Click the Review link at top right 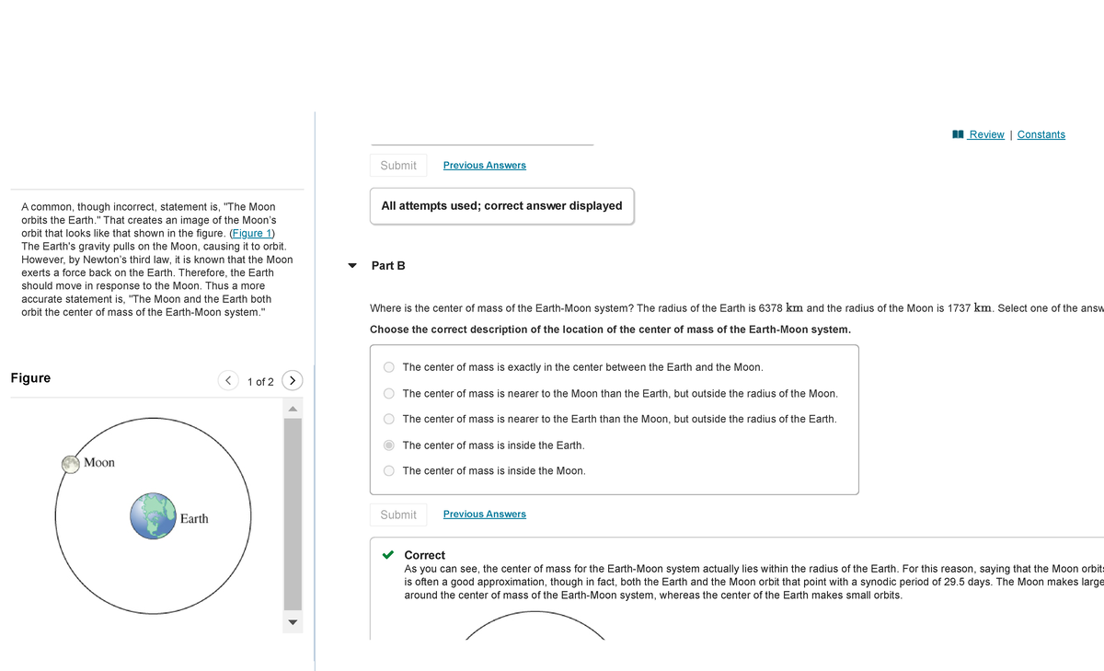(x=985, y=134)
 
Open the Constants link (x=1041, y=134)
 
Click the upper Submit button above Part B (x=398, y=166)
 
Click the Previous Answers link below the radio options (x=484, y=515)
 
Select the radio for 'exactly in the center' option (x=389, y=367)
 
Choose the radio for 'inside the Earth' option (x=389, y=445)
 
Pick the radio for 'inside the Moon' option (x=389, y=471)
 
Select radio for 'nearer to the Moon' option (x=389, y=393)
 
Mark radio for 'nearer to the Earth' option (x=389, y=419)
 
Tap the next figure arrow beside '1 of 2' (x=292, y=380)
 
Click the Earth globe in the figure (x=153, y=515)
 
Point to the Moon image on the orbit (x=71, y=464)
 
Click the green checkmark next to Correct (x=389, y=555)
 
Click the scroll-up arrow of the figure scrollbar (x=292, y=409)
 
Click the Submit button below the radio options (x=398, y=515)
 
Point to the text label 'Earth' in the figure (x=193, y=519)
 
